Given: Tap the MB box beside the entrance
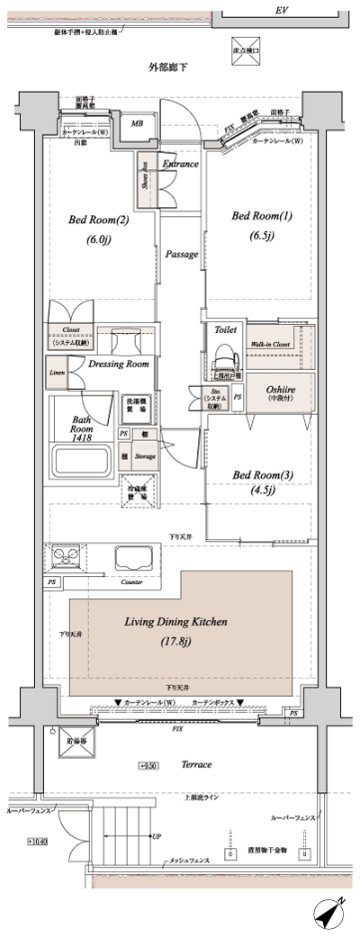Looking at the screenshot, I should point(139,123).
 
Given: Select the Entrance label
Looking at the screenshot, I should point(181,164).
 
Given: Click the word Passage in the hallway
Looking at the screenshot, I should point(182,254).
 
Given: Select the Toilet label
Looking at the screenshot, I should point(225,330).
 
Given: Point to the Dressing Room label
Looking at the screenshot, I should point(119,364).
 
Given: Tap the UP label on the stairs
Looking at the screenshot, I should point(156,835).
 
